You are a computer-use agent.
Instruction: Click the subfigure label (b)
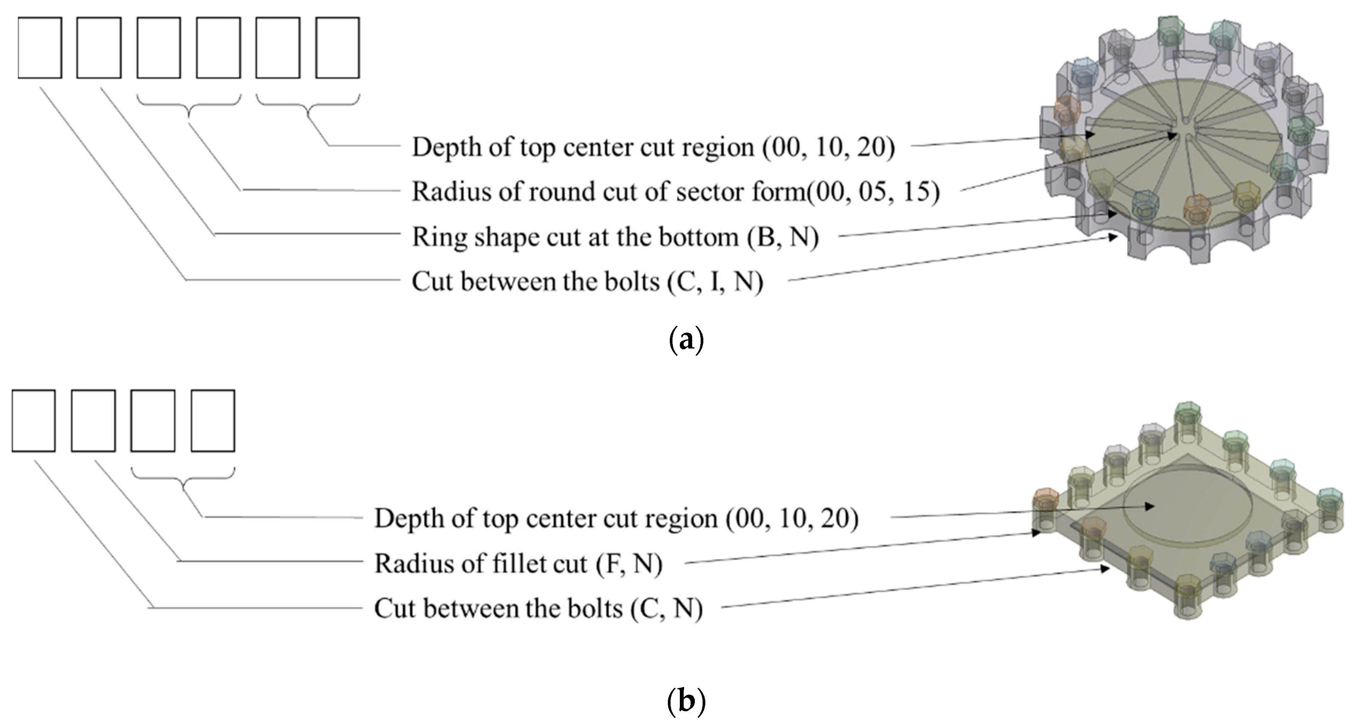tap(686, 701)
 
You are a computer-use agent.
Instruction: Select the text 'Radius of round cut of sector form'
tap(608, 191)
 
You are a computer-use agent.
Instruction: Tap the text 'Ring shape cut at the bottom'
tap(576, 237)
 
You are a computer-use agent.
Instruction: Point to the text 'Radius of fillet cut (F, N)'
tap(518, 563)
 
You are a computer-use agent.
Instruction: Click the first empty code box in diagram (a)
tap(40, 48)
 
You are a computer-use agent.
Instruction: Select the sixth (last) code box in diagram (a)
tap(338, 48)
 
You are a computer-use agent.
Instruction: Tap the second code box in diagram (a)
tap(99, 48)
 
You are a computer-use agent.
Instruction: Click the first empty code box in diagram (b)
tap(34, 421)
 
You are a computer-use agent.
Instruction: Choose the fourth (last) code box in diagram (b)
tap(213, 421)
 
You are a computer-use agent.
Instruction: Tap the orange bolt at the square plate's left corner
tap(1045, 500)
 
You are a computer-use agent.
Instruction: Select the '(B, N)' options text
tap(783, 237)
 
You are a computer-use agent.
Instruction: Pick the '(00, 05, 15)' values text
tap(873, 191)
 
